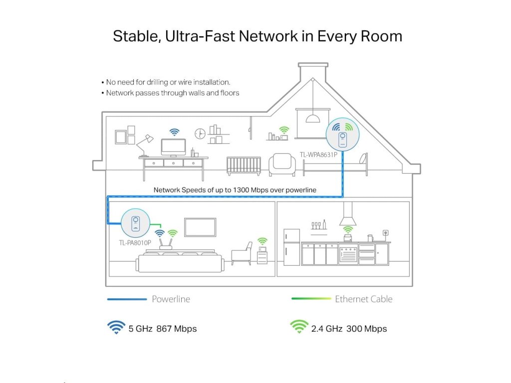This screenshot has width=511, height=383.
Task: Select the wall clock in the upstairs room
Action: [200, 134]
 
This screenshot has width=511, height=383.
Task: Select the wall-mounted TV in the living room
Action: [200, 227]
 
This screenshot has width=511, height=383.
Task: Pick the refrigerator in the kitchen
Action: [291, 247]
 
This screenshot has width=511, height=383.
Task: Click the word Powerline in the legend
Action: [171, 299]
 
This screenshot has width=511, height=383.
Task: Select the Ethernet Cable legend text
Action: [363, 299]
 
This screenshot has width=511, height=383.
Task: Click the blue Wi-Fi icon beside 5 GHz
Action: [116, 328]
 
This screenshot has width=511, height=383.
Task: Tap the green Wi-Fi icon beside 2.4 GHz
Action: [298, 327]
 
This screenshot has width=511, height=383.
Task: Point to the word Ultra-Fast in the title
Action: [204, 36]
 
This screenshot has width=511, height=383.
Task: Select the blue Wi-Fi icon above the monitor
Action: [174, 132]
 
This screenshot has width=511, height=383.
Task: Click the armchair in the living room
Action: [243, 253]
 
